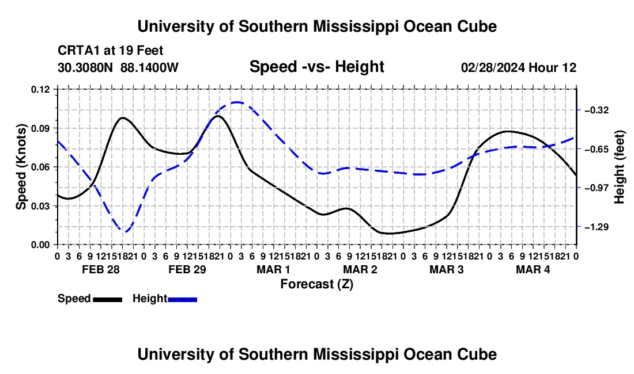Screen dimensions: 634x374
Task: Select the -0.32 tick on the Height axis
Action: (597, 110)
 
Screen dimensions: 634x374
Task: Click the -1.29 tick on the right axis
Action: (597, 227)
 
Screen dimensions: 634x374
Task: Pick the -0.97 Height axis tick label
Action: (597, 188)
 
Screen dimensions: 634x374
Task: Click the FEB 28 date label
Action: (101, 269)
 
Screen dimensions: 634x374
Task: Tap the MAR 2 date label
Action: (360, 269)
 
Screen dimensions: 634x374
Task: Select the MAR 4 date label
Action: (533, 269)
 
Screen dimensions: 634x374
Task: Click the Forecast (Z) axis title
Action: (317, 284)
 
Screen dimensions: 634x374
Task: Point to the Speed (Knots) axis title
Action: (21, 167)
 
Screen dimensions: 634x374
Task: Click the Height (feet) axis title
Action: (619, 167)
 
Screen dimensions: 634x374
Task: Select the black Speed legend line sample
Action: (108, 299)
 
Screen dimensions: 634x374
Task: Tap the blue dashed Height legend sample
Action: (182, 299)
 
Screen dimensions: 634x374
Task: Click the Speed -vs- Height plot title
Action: (316, 67)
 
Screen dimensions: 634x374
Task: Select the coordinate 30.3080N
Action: (85, 67)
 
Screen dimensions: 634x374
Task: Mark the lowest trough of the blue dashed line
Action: (124, 231)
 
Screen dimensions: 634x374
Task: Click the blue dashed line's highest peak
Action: (236, 102)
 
